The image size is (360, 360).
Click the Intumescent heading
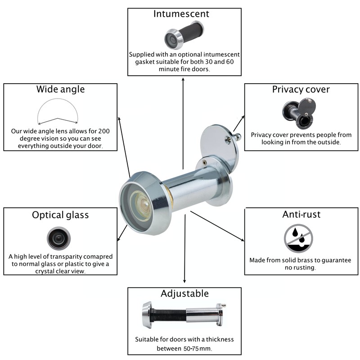click(181, 14)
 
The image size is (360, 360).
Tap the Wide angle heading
click(60, 89)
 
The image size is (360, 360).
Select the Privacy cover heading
click(301, 89)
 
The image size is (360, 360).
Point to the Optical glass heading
click(60, 215)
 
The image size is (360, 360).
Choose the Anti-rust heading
click(301, 215)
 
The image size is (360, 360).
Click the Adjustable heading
click(184, 294)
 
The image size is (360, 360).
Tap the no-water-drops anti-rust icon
click(298, 238)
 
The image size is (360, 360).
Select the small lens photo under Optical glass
click(59, 238)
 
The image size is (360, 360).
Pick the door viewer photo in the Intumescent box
click(184, 35)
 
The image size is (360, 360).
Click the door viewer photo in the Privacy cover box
click(299, 114)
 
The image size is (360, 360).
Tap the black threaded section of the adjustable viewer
click(170, 315)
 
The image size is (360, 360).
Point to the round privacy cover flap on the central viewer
click(219, 147)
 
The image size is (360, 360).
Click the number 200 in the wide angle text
click(104, 131)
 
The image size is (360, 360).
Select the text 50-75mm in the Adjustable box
click(197, 348)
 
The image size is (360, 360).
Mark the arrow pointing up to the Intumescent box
click(183, 123)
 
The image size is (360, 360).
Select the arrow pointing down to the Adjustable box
click(184, 249)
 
